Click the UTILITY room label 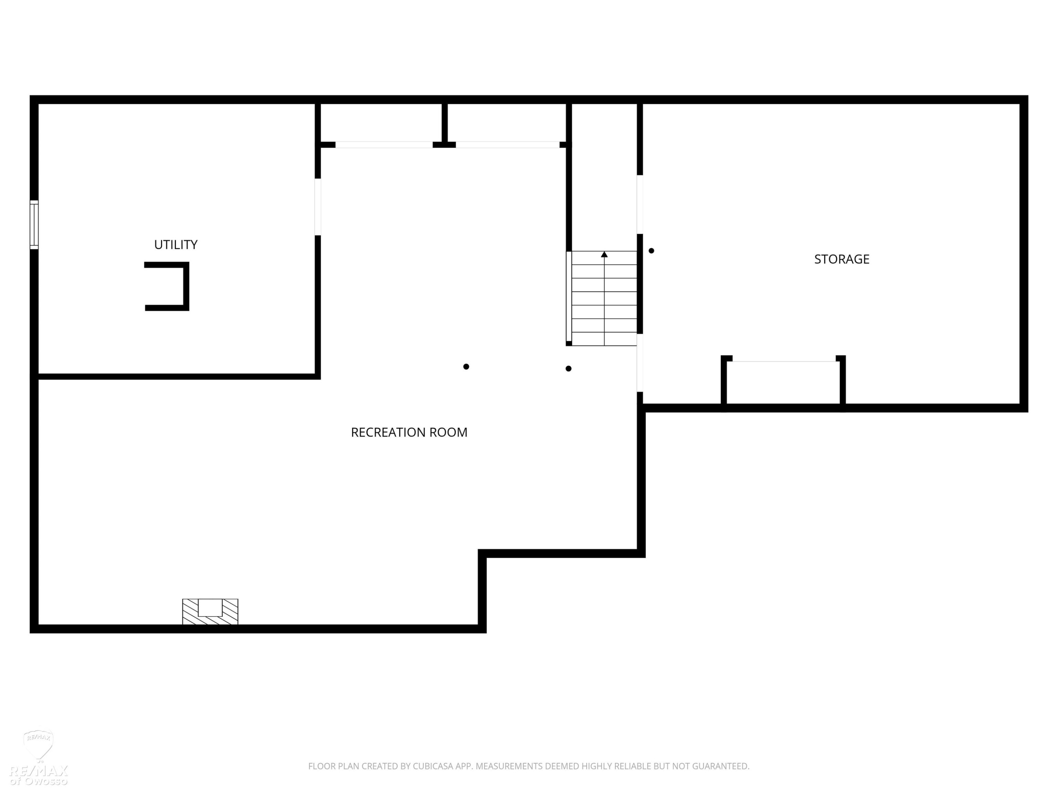pyautogui.click(x=176, y=245)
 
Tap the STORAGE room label pyautogui.click(x=842, y=259)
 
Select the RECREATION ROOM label pyautogui.click(x=409, y=432)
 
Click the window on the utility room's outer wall pyautogui.click(x=34, y=225)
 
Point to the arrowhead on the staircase pyautogui.click(x=604, y=254)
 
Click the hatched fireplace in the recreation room pyautogui.click(x=210, y=611)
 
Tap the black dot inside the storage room pyautogui.click(x=651, y=251)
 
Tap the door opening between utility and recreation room pyautogui.click(x=318, y=207)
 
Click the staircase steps pyautogui.click(x=604, y=298)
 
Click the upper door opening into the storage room pyautogui.click(x=640, y=204)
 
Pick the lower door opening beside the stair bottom pyautogui.click(x=640, y=363)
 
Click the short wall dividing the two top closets pyautogui.click(x=444, y=123)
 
